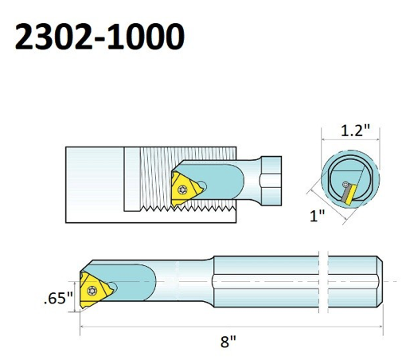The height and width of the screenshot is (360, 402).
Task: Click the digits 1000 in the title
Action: (x=147, y=36)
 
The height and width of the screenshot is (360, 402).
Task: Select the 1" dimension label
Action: (x=318, y=215)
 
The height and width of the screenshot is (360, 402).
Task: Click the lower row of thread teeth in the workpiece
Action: (x=199, y=212)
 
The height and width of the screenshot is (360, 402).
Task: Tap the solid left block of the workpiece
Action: (x=96, y=179)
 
